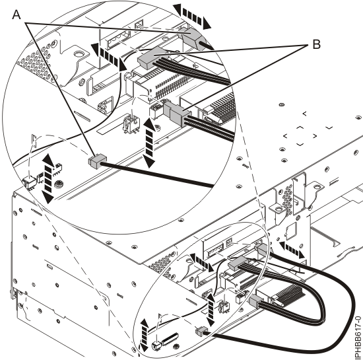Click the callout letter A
[16, 15]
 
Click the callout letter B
[316, 44]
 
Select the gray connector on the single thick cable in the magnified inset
[97, 161]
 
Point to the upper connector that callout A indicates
[191, 36]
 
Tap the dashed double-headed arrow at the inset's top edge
[192, 17]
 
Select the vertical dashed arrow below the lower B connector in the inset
[149, 143]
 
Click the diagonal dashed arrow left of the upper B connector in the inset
[109, 57]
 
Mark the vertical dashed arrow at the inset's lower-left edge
[48, 178]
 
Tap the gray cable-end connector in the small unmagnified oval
[201, 331]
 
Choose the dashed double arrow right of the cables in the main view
[292, 250]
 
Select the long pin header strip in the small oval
[170, 339]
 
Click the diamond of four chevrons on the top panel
[300, 136]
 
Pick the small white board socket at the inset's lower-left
[30, 182]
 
